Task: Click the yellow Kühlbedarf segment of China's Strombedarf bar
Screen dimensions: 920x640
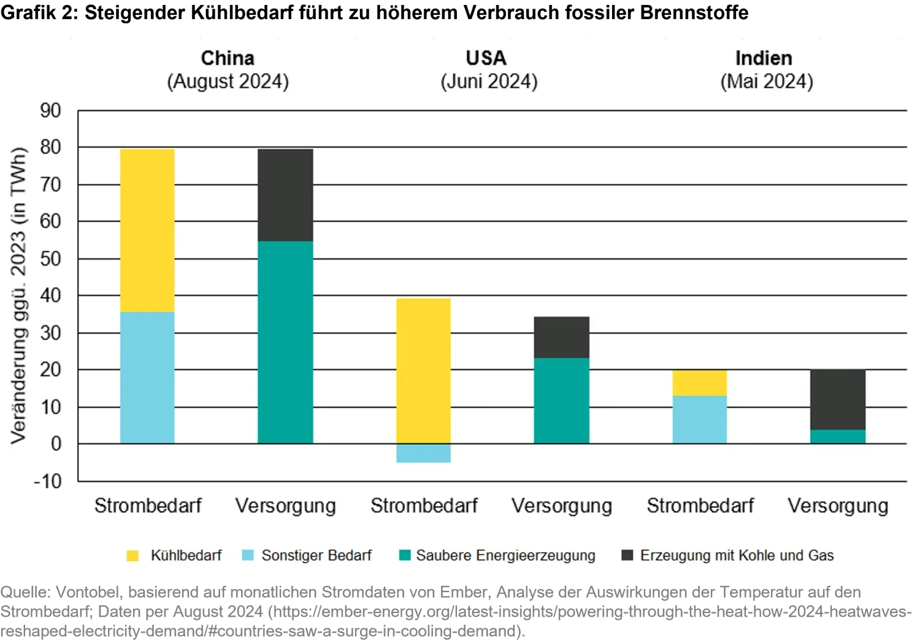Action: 147,230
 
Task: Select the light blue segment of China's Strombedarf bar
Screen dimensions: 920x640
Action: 147,377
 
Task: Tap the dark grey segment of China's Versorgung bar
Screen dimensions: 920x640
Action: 285,195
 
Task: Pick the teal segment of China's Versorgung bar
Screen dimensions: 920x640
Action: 285,342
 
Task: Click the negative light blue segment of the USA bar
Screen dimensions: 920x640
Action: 423,453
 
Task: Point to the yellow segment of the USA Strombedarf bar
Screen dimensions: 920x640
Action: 423,371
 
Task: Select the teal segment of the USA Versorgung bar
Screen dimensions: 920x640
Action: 561,400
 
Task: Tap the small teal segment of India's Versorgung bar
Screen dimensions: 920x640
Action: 838,436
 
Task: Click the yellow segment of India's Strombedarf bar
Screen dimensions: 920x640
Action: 700,383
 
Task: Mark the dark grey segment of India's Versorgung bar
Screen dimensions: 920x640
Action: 838,399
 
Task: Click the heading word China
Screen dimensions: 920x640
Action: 228,58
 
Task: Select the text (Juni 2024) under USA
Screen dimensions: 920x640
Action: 489,82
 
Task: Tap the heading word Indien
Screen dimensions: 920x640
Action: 764,58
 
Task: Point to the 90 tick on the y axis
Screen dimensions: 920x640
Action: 50,111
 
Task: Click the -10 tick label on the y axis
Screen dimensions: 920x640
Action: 48,481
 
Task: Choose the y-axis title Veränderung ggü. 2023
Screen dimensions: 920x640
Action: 18,295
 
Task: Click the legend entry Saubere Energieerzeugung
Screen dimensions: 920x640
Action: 505,555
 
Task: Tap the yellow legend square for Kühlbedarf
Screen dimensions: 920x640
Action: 132,556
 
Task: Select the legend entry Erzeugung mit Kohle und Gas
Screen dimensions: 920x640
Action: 736,555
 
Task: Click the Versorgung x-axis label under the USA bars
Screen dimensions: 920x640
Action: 562,506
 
